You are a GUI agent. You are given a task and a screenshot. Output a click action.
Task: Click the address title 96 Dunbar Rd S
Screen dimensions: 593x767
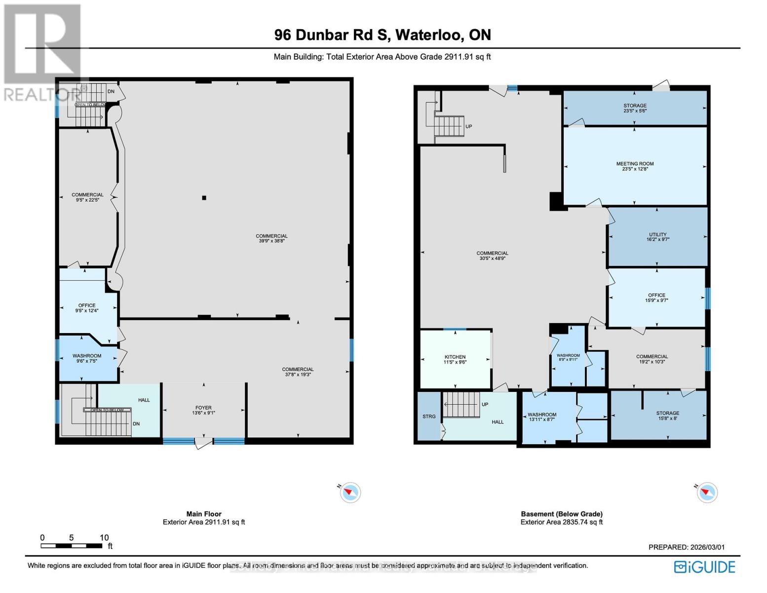383,35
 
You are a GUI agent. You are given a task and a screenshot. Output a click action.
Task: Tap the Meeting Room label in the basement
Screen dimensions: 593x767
635,164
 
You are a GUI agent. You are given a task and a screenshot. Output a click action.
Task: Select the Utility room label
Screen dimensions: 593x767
657,234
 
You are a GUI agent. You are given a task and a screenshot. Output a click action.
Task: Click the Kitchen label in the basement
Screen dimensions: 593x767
455,357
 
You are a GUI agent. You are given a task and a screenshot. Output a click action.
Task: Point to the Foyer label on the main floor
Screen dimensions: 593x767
203,408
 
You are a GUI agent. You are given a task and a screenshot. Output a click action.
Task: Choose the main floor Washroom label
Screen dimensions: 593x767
87,356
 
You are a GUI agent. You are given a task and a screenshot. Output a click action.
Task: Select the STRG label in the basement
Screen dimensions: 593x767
429,417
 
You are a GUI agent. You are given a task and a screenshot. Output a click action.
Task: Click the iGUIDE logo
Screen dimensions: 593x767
705,567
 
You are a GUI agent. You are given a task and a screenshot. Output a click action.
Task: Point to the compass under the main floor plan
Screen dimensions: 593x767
350,492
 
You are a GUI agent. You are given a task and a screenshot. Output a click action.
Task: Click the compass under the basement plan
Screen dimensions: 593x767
707,492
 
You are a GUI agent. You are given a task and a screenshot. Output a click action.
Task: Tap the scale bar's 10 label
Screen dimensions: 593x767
104,538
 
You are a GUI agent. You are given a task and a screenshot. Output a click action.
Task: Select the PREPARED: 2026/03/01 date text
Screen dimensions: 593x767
686,547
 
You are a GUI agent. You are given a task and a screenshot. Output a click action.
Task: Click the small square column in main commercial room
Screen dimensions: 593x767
204,198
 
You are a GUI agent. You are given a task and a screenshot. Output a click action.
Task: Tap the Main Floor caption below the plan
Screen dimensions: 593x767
204,514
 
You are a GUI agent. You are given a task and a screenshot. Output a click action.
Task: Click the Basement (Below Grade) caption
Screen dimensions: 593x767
562,514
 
